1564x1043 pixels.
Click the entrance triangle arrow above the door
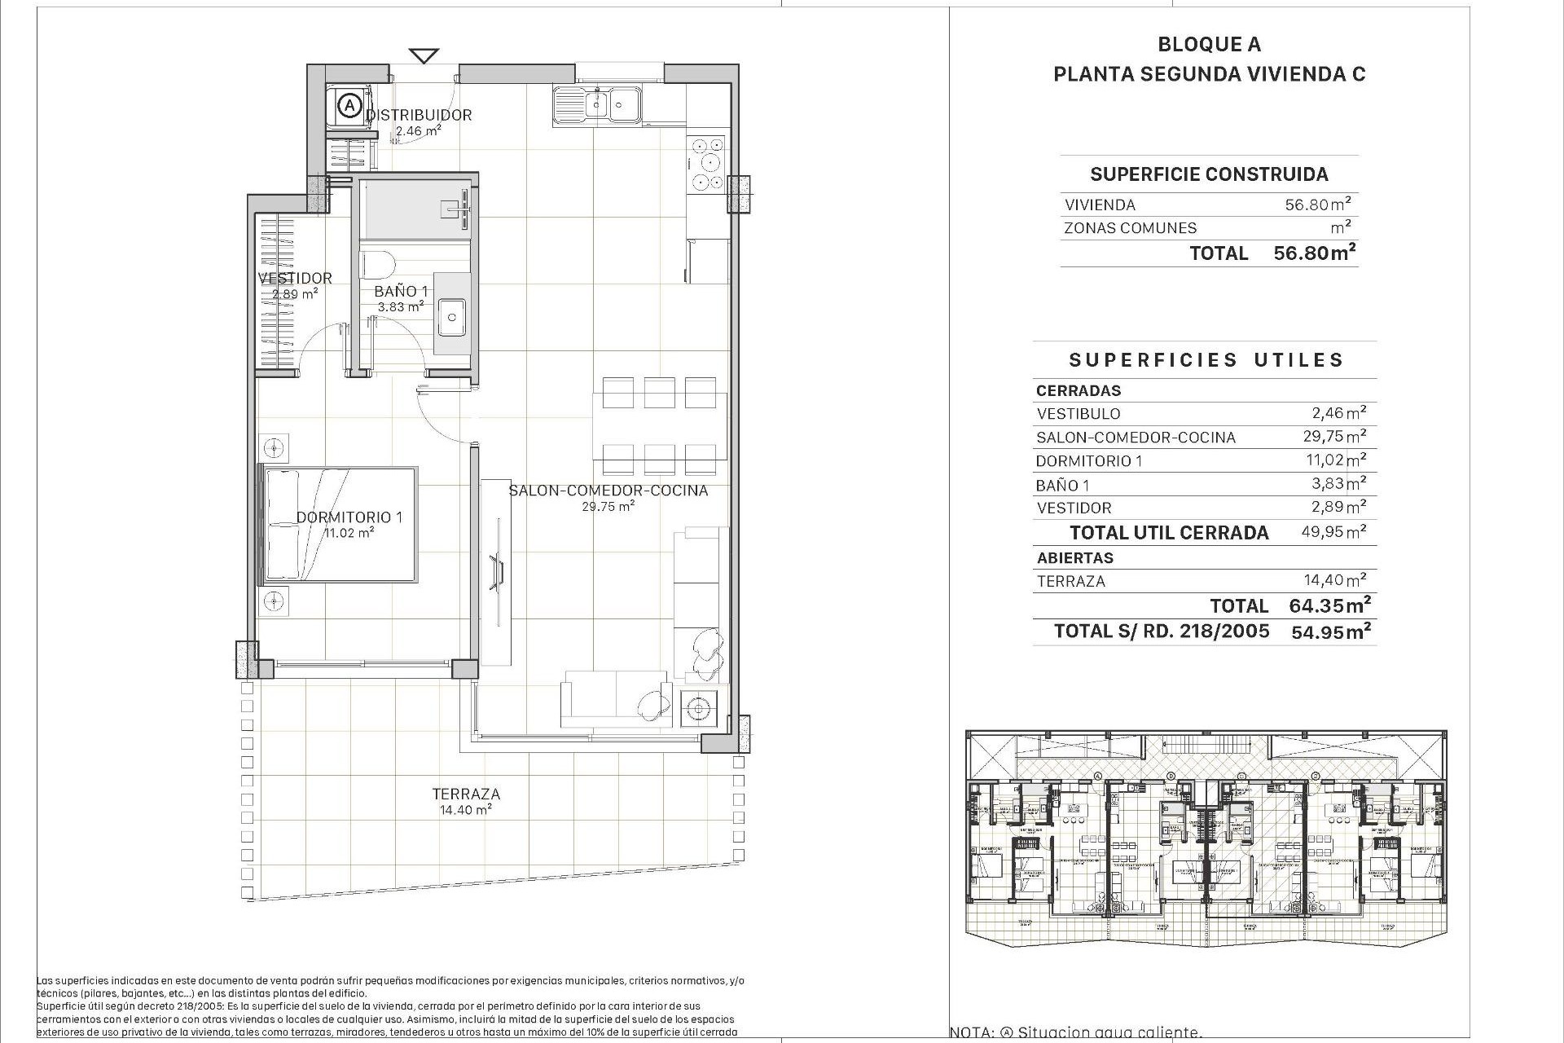[424, 56]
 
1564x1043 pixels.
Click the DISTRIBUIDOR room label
[419, 115]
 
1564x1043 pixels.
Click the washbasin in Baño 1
[451, 315]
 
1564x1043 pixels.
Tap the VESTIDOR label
[295, 278]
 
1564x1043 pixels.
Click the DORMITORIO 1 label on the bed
[349, 517]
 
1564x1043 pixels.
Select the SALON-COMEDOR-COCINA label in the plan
[608, 490]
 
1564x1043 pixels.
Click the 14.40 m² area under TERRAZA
[466, 810]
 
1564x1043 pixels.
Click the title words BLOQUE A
[1209, 45]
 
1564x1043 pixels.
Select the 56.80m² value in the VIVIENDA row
[1318, 205]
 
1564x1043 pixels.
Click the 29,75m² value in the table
[1333, 436]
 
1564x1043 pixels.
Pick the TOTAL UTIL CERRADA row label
[1169, 533]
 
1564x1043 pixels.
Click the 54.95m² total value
[1330, 631]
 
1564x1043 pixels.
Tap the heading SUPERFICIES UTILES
[1206, 360]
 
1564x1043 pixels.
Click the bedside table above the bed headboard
[275, 447]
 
